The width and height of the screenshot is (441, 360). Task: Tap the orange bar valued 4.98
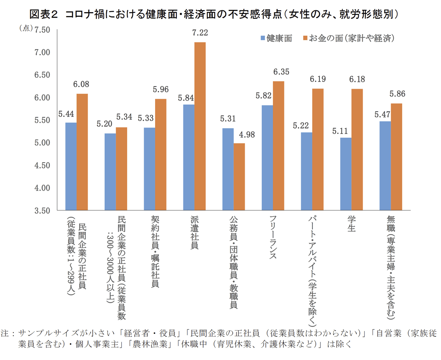pyautogui.click(x=239, y=177)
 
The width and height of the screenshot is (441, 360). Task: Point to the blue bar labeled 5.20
pyautogui.click(x=110, y=172)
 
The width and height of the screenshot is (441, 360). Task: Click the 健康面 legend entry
pyautogui.click(x=276, y=38)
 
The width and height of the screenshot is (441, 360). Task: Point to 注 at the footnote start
pyautogui.click(x=5, y=334)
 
